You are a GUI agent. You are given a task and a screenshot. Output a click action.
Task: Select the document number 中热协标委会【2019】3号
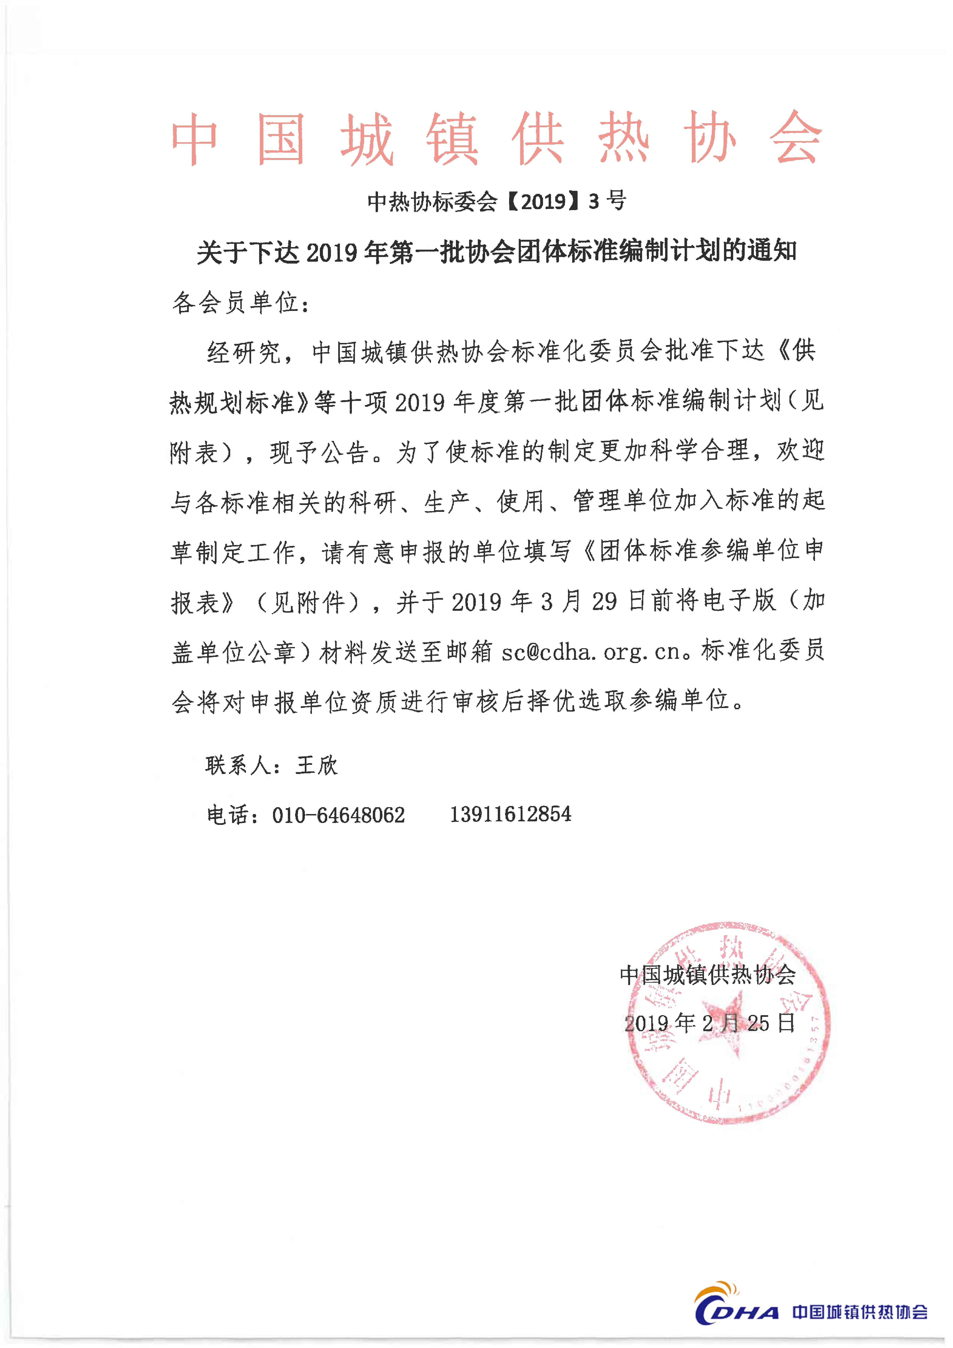click(496, 201)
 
